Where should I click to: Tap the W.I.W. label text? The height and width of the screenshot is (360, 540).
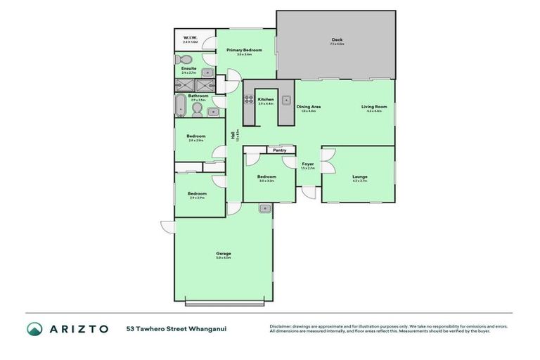[189, 37]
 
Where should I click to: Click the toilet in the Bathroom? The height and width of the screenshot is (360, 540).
[197, 109]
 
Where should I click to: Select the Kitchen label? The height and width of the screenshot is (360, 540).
[265, 100]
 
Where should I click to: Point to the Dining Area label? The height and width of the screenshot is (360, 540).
[309, 106]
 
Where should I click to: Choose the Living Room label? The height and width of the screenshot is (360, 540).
[374, 106]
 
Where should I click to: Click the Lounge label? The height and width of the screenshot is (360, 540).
[359, 176]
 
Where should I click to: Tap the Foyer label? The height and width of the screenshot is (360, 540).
[308, 164]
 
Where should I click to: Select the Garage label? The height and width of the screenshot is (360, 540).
[224, 253]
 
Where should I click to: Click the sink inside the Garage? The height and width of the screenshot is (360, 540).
[265, 208]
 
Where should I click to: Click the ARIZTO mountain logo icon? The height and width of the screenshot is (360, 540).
[35, 328]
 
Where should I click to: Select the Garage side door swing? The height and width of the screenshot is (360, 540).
[167, 226]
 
